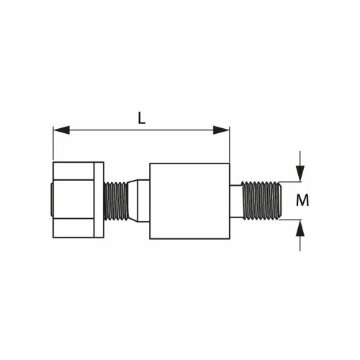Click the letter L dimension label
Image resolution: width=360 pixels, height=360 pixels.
tap(142, 118)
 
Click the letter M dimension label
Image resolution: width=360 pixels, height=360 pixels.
tap(302, 200)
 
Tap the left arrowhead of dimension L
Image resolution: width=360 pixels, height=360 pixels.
tap(61, 130)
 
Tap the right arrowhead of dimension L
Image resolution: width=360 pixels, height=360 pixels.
tap(221, 130)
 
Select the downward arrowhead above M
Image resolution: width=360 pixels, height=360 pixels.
tap(300, 174)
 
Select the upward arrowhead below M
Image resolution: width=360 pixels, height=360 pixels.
tap(300, 228)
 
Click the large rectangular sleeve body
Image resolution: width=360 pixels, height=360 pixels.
tap(189, 201)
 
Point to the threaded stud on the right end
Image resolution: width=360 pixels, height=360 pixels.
tap(261, 200)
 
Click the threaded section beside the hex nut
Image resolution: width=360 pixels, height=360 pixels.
tap(115, 201)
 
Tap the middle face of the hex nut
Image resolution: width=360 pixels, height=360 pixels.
tap(73, 199)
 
